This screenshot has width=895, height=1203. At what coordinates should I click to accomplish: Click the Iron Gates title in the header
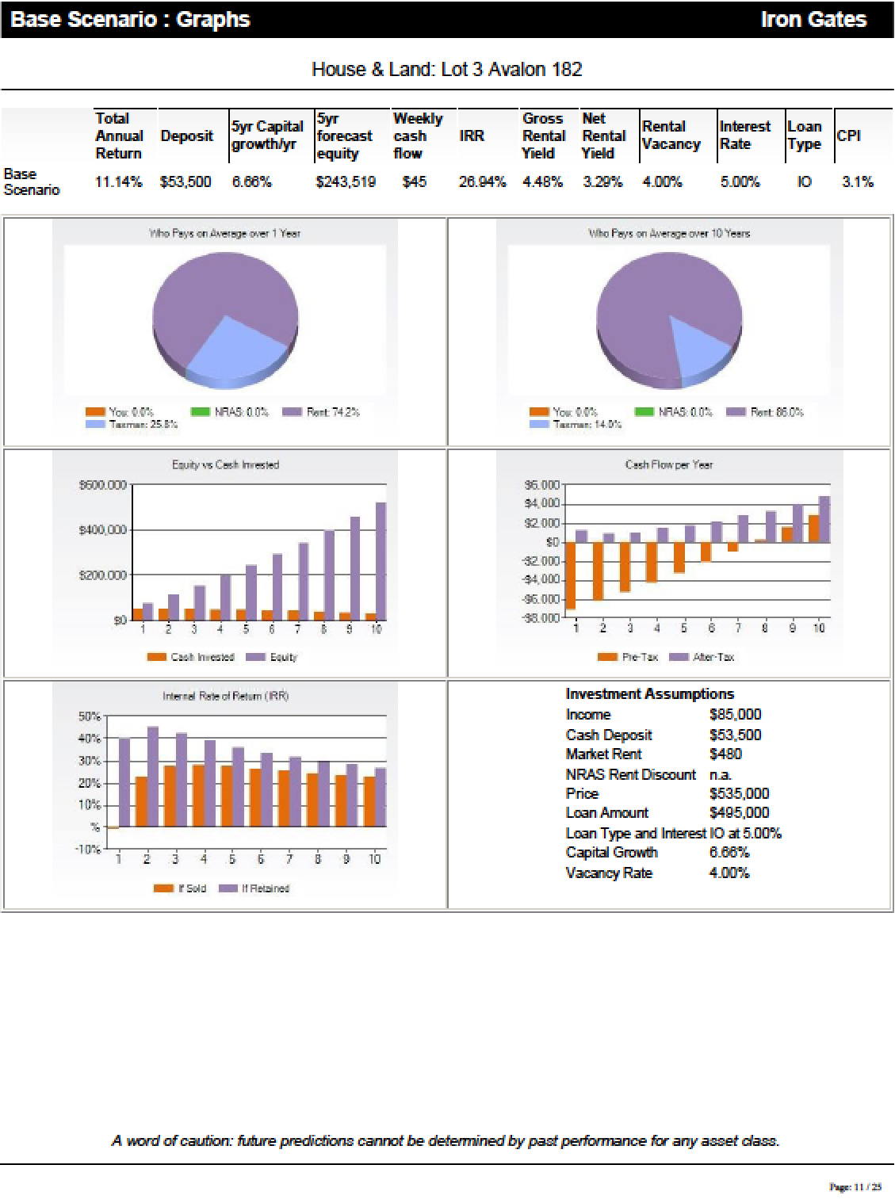(x=813, y=20)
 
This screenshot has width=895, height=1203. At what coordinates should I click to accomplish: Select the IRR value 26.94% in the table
(x=482, y=182)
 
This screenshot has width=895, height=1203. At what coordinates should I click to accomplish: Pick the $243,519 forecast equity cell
(x=345, y=182)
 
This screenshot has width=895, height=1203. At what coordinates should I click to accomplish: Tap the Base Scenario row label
(x=32, y=181)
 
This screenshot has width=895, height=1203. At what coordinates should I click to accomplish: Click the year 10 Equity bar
(x=381, y=561)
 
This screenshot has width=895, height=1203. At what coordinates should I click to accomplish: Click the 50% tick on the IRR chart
(x=88, y=716)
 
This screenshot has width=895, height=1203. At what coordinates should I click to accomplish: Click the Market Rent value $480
(x=725, y=754)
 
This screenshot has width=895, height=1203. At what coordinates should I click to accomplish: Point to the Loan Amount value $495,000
(x=739, y=813)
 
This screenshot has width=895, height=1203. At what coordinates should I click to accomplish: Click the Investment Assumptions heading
(x=649, y=694)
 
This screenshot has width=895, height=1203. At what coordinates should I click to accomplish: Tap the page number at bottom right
(x=855, y=1187)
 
